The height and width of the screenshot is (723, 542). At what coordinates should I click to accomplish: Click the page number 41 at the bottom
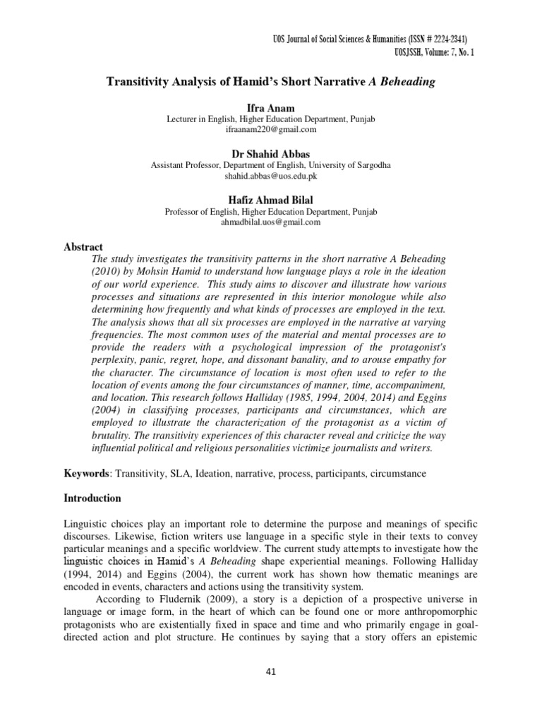pyautogui.click(x=270, y=671)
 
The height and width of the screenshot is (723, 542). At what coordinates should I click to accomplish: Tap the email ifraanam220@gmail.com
pyautogui.click(x=271, y=130)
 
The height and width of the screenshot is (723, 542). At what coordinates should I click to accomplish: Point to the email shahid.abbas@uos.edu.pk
pyautogui.click(x=271, y=176)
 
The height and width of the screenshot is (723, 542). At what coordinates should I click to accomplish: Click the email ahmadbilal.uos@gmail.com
pyautogui.click(x=271, y=222)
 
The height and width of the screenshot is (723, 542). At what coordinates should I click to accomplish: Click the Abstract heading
pyautogui.click(x=84, y=246)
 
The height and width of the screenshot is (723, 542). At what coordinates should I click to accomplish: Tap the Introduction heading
pyautogui.click(x=93, y=498)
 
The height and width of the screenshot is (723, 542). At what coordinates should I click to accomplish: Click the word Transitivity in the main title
pyautogui.click(x=138, y=82)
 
